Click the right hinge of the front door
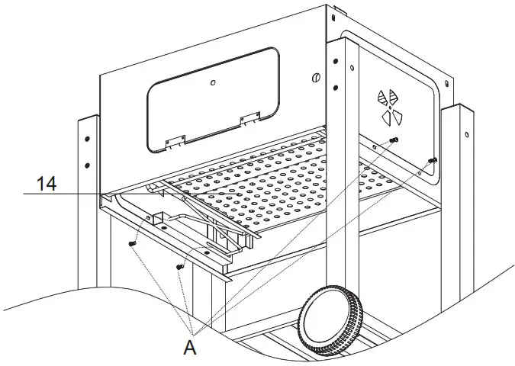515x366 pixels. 249,119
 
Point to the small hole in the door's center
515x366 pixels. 214,82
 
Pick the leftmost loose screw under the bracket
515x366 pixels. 133,243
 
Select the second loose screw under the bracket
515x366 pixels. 180,266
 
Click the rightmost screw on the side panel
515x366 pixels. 432,160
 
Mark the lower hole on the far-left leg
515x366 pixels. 87,165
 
